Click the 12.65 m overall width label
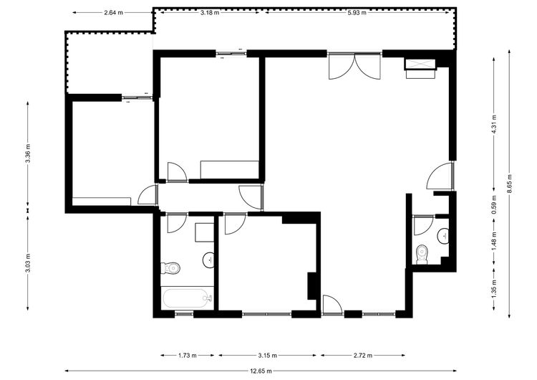pyautogui.click(x=261, y=371)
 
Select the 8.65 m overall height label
pyautogui.click(x=509, y=184)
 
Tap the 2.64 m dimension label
pyautogui.click(x=113, y=13)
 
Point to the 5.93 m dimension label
pyautogui.click(x=357, y=13)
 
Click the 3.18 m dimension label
pyautogui.click(x=210, y=13)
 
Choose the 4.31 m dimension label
pyautogui.click(x=493, y=124)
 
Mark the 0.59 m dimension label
pyautogui.click(x=493, y=205)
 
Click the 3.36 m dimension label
pyautogui.click(x=28, y=154)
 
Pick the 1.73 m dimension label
pyautogui.click(x=188, y=356)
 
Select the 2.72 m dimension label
pyautogui.click(x=363, y=356)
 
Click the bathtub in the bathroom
pyautogui.click(x=187, y=299)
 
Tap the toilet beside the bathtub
pyautogui.click(x=170, y=268)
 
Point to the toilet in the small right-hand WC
pyautogui.click(x=422, y=255)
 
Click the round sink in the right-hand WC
pyautogui.click(x=443, y=236)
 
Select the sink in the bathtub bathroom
pyautogui.click(x=208, y=260)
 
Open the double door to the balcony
pyautogui.click(x=354, y=66)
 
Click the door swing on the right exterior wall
pyautogui.click(x=440, y=176)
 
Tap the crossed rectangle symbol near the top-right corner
pyautogui.click(x=420, y=64)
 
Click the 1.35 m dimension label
pyautogui.click(x=493, y=289)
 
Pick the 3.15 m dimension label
pyautogui.click(x=268, y=356)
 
